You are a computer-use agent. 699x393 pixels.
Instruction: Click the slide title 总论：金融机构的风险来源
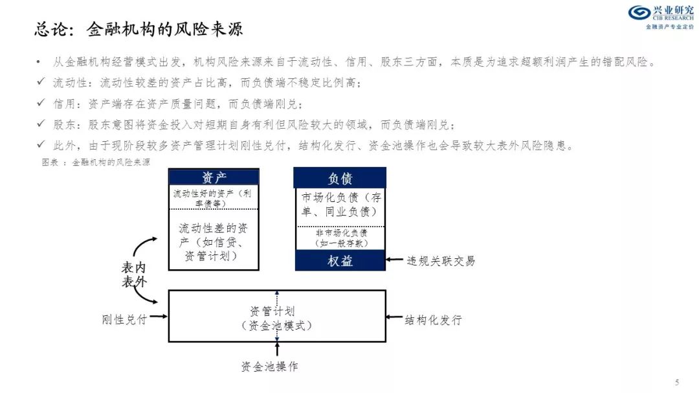[139, 29]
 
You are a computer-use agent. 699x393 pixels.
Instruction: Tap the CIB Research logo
[661, 17]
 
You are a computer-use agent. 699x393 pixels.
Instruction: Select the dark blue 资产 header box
[214, 177]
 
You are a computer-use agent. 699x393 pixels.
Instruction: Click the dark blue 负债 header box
[340, 178]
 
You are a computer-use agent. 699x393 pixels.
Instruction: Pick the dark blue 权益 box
[340, 260]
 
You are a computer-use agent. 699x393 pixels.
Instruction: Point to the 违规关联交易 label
[441, 261]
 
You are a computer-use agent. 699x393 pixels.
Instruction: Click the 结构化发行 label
[433, 320]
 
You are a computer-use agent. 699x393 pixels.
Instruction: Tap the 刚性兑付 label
[124, 319]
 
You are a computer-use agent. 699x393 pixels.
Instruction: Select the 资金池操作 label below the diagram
[269, 366]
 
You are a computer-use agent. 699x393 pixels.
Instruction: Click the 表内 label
[133, 267]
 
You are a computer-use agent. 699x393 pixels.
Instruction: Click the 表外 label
[134, 282]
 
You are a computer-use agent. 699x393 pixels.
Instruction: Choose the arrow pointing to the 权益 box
[395, 260]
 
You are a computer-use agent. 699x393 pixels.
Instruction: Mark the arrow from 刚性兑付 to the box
[159, 317]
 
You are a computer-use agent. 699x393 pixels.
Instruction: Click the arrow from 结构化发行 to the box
[395, 317]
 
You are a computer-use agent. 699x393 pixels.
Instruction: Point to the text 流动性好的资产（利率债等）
[212, 199]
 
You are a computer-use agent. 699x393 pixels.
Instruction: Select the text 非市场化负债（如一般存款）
[342, 238]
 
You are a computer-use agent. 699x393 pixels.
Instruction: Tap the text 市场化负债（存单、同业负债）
[341, 205]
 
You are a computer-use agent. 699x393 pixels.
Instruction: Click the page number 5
[677, 382]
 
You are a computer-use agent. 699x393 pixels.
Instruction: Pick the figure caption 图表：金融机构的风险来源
[96, 163]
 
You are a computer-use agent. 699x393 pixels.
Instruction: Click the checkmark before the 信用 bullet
[41, 102]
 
